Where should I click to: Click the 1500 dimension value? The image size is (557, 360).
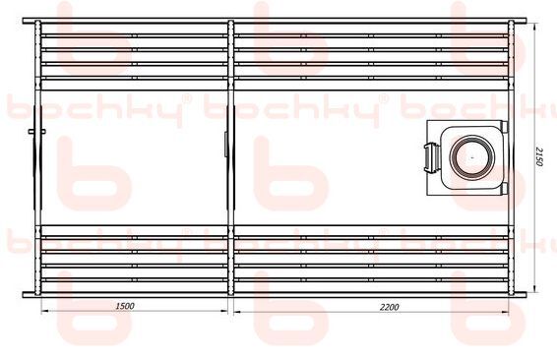coord(125,306)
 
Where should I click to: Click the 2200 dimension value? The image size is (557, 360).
coord(390,307)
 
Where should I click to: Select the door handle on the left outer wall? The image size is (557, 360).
coord(37,132)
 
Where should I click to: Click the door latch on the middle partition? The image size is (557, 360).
coord(226,144)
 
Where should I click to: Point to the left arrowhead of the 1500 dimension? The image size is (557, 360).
coord(45,312)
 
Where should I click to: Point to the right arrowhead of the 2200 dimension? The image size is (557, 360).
coord(505,312)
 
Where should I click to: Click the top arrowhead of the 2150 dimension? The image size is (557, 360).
coord(535,27)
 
